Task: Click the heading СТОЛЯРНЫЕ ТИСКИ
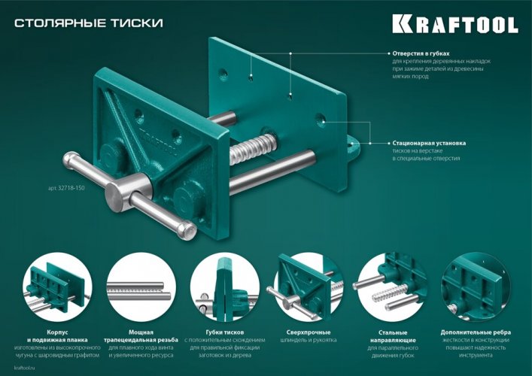88,23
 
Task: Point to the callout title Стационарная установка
429,142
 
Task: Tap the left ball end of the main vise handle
71,161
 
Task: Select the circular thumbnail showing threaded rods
135,289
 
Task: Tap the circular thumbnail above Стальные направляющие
392,289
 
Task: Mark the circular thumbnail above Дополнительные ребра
476,289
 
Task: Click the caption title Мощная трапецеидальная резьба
136,336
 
